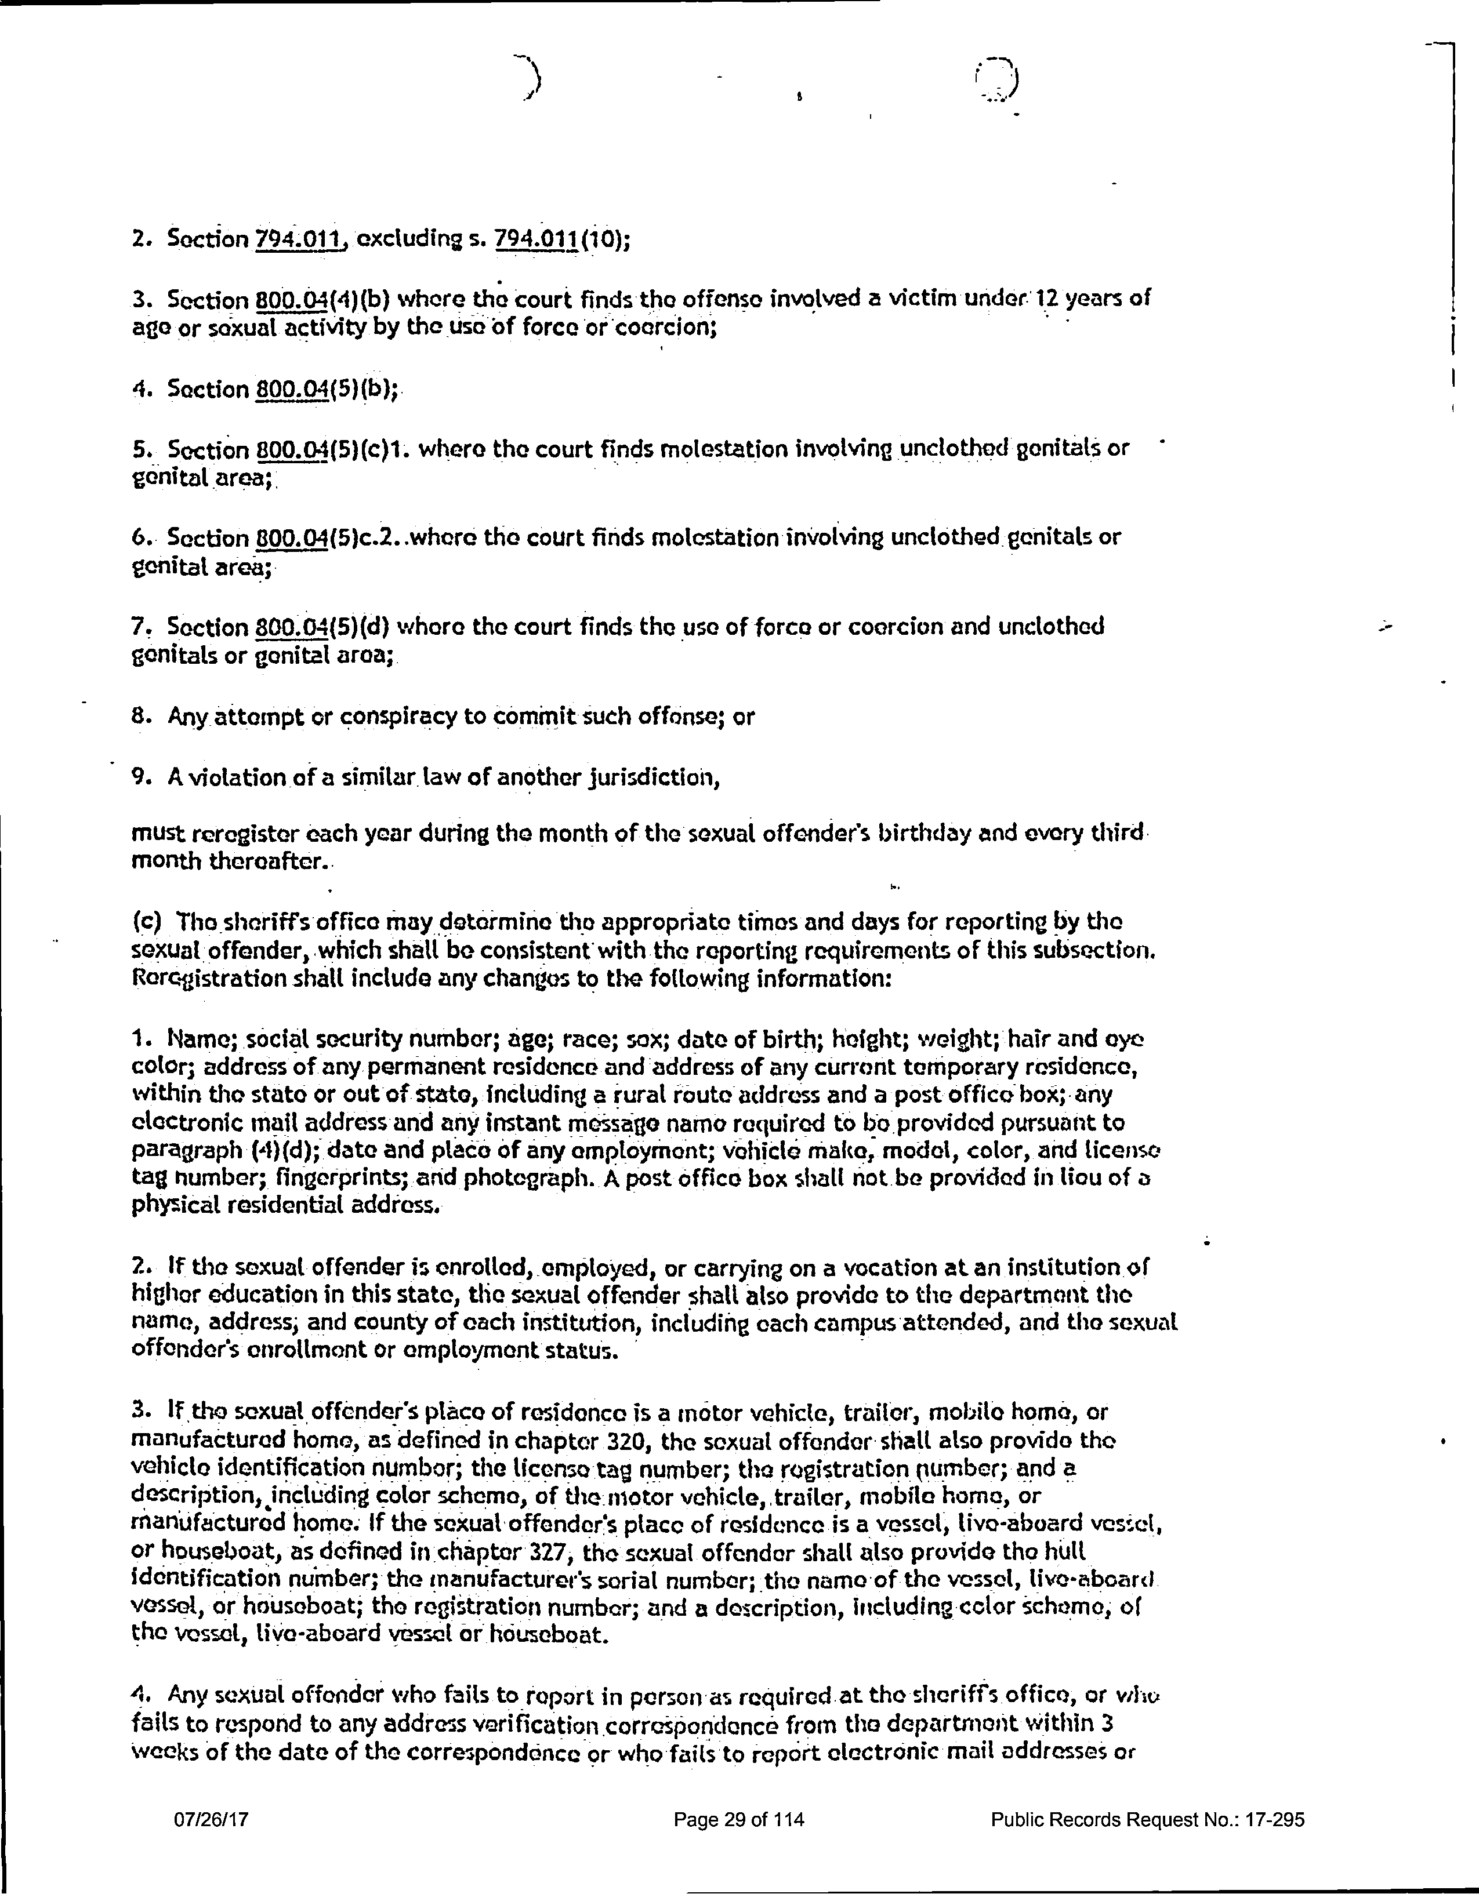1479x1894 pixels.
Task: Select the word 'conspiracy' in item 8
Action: (x=387, y=717)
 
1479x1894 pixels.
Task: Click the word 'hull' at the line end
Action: (x=1067, y=1551)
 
